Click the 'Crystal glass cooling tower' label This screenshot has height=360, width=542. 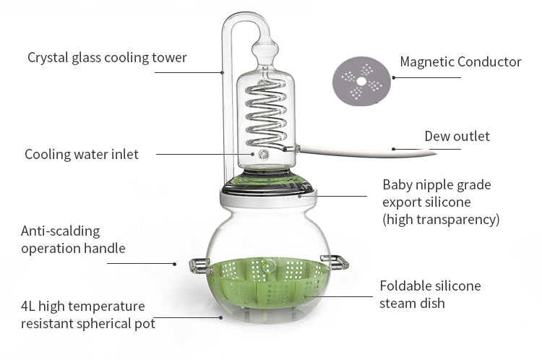click(x=107, y=57)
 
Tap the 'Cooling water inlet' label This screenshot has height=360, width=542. click(x=82, y=154)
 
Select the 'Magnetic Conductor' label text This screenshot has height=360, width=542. click(x=460, y=62)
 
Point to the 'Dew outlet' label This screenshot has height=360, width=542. click(x=457, y=136)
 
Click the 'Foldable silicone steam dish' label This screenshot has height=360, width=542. click(x=430, y=294)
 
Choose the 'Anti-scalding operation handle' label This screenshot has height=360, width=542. click(x=73, y=240)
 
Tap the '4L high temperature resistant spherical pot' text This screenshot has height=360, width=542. click(x=87, y=314)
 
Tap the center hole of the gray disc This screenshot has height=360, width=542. click(x=361, y=81)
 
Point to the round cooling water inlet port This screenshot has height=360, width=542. click(x=263, y=154)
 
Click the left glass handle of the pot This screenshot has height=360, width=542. click(x=199, y=266)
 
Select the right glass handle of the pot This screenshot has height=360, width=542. click(x=335, y=262)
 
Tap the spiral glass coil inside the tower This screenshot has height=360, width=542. click(x=266, y=114)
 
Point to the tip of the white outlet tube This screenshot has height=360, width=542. click(x=436, y=153)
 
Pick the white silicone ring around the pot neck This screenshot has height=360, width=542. click(x=268, y=199)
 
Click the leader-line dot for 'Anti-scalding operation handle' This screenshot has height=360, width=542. click(x=175, y=264)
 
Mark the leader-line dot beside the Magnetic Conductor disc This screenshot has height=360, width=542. click(x=394, y=77)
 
